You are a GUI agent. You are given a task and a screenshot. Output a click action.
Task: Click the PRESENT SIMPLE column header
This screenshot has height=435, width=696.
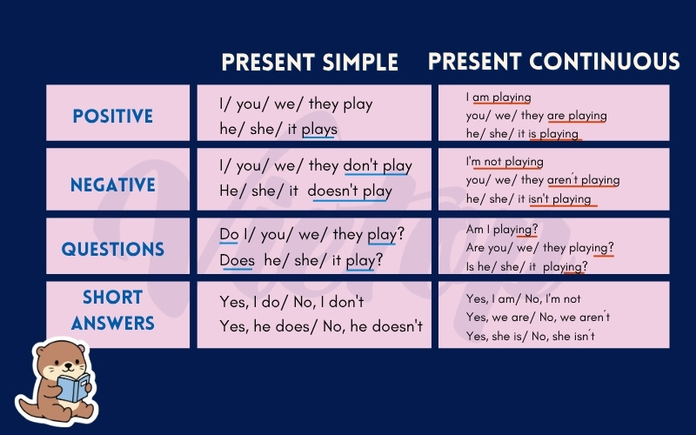(310, 62)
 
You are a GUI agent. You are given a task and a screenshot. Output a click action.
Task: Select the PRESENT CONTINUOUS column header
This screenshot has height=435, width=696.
(554, 61)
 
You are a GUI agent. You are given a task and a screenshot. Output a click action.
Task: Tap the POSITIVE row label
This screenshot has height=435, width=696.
(113, 117)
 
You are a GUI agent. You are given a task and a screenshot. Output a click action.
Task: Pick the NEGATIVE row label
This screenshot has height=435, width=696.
(113, 184)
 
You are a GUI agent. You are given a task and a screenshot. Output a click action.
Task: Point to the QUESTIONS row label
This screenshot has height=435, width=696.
(113, 249)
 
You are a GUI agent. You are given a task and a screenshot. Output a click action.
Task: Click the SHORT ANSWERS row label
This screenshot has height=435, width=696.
(113, 310)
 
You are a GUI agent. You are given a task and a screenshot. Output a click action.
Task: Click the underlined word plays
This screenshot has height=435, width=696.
(319, 130)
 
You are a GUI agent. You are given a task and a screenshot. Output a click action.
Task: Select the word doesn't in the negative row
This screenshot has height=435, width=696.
(332, 191)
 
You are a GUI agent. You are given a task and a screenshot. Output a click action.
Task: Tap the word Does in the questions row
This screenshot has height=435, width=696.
(237, 260)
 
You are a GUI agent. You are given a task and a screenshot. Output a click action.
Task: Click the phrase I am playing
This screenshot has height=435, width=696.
(499, 97)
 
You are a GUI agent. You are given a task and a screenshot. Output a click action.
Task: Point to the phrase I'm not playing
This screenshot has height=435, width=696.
(505, 162)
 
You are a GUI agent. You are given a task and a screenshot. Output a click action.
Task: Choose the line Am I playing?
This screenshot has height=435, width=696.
(502, 230)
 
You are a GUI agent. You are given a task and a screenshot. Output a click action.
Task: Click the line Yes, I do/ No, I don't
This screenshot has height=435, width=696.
(291, 302)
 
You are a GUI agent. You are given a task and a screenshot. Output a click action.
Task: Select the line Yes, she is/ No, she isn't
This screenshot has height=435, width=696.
(531, 336)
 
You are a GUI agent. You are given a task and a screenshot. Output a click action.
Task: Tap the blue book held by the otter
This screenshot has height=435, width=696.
(73, 387)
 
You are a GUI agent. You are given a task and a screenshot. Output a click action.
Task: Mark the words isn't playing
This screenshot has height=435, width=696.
(559, 199)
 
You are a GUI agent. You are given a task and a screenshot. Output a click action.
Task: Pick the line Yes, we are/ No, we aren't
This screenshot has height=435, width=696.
(538, 317)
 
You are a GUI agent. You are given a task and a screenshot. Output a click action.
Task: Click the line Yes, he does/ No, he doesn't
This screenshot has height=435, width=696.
(321, 327)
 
